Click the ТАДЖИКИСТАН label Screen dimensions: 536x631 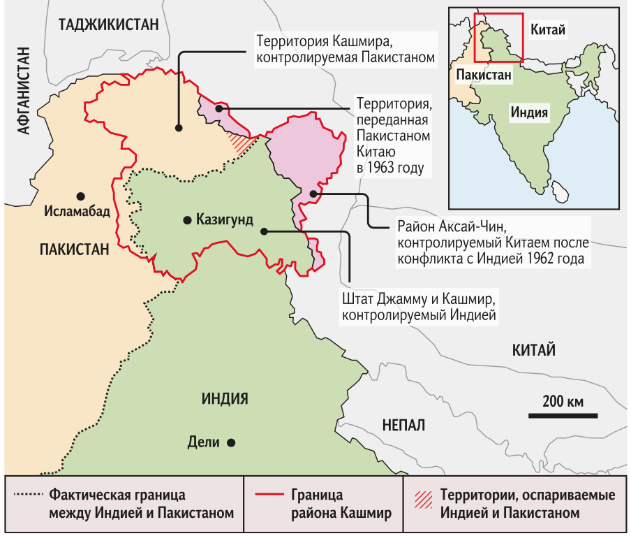coord(110,25)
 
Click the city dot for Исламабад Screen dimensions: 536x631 coord(82,196)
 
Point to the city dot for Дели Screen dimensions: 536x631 coord(230,442)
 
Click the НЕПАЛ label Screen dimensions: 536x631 coord(403,425)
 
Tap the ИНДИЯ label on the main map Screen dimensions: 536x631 coord(225,399)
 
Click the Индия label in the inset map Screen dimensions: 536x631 coord(528,112)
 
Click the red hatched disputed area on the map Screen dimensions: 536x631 coord(243,143)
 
